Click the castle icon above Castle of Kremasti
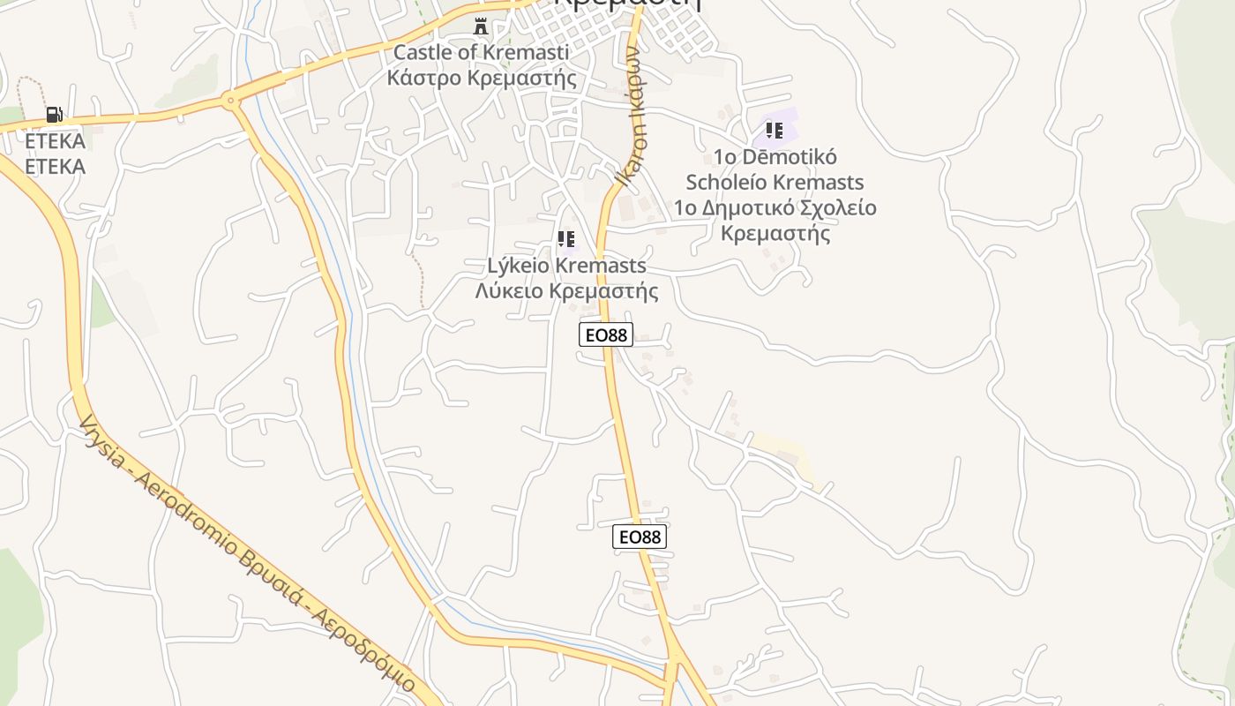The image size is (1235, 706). pos(481,26)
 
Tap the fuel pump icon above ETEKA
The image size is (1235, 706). pos(54,115)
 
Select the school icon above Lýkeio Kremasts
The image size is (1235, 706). pos(566,239)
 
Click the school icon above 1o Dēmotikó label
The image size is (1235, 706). pos(775,131)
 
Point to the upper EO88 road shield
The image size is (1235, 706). pos(606,334)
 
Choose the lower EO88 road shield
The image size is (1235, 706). pos(640,537)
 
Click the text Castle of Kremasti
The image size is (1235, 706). pos(481,52)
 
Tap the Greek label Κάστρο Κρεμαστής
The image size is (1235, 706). pos(482,78)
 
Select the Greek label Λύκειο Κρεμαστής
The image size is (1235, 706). pos(566,291)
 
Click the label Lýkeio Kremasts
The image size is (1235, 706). pos(566,266)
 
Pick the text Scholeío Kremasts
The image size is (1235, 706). pos(775,183)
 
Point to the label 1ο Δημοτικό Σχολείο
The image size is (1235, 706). pos(775,208)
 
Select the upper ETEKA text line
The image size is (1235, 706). pos(55,141)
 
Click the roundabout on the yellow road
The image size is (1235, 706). pos(231,101)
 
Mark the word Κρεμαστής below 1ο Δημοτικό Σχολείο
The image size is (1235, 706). pos(776,234)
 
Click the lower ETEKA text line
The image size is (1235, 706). pos(55,167)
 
